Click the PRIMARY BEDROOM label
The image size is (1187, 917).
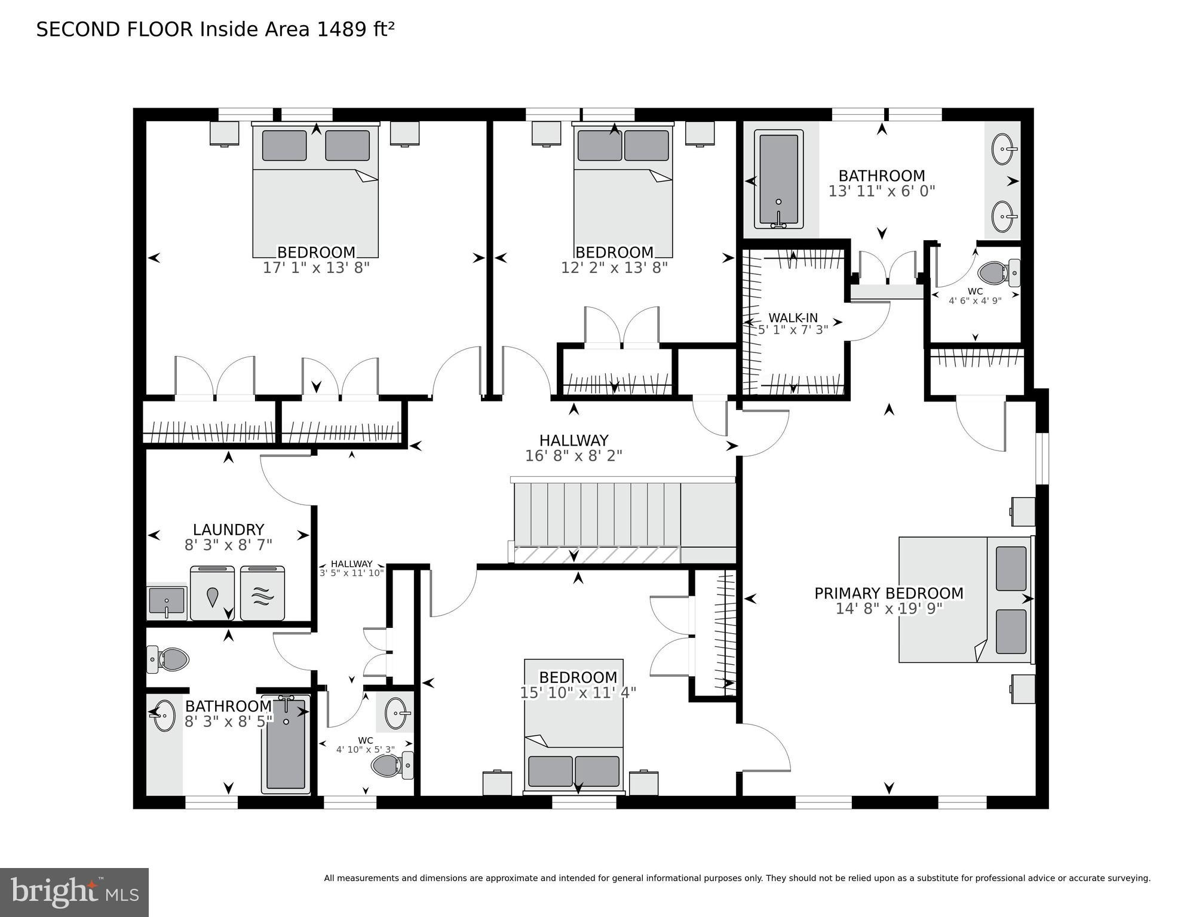point(889,593)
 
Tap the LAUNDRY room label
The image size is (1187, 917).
point(228,530)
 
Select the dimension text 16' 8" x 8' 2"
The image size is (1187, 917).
point(573,456)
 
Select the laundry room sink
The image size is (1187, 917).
point(167,602)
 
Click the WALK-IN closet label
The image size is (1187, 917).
point(793,318)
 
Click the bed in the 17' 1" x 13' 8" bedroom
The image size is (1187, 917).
point(315,191)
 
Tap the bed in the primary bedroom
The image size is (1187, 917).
point(965,599)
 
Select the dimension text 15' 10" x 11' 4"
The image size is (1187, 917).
point(578,693)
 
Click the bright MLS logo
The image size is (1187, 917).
point(74,893)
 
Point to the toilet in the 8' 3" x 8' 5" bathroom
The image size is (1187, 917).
point(168,659)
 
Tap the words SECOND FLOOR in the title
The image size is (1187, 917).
point(115,29)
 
